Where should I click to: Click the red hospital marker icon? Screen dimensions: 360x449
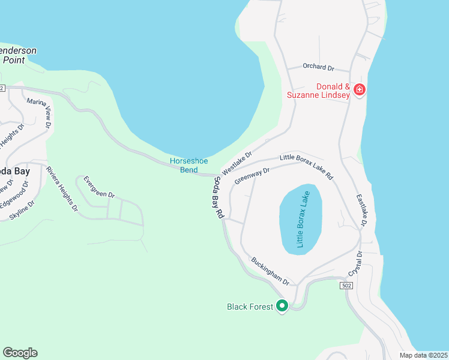coord(360,90)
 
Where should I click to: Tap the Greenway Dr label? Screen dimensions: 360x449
coord(252,175)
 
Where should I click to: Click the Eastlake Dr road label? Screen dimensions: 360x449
coord(361,210)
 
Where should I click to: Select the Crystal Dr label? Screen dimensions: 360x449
coord(360,262)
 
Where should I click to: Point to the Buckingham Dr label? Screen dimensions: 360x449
coord(270,271)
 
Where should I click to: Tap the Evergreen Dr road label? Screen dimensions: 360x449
coord(99,187)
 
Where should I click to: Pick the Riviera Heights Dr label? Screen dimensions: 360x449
coord(62,189)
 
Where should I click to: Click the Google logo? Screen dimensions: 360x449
coord(20,353)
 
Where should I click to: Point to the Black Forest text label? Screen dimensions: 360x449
coord(250,307)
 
